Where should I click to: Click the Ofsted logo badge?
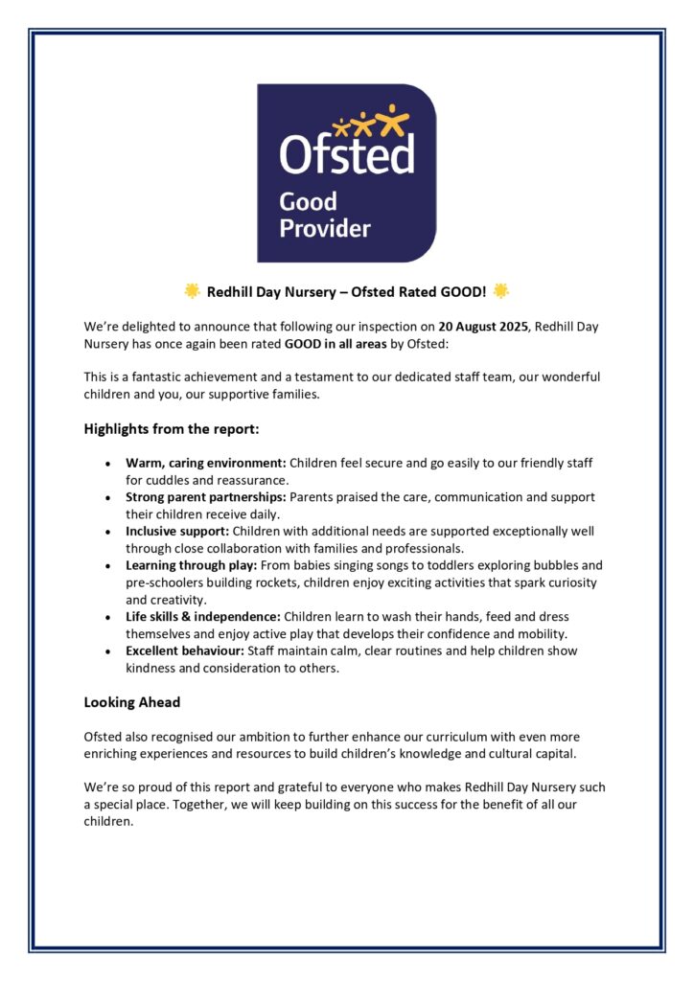coord(346,172)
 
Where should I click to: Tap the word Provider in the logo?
coord(324,228)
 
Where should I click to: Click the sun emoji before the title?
coord(192,290)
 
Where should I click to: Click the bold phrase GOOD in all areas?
coord(335,344)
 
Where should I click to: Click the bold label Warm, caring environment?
coord(206,463)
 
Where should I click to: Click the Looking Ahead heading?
coord(132,702)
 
